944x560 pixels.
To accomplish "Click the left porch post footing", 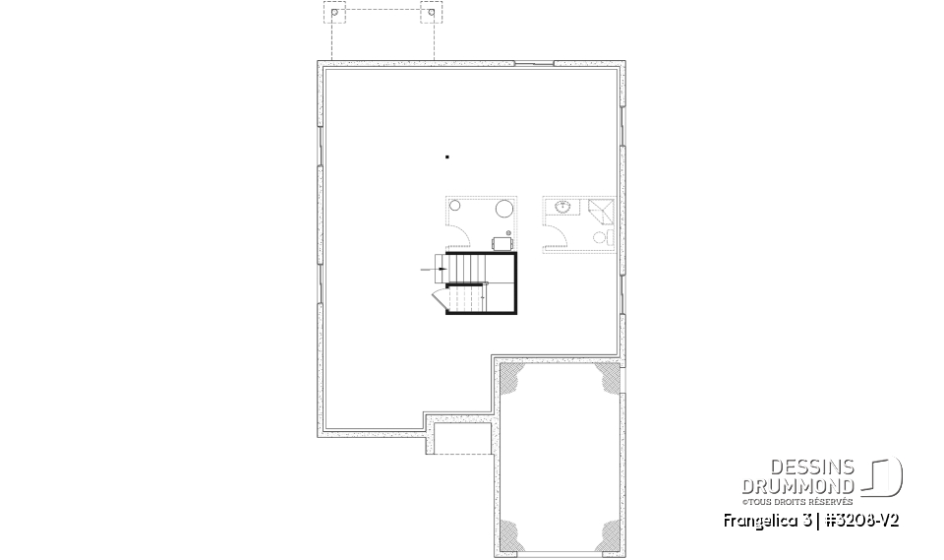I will (335, 16).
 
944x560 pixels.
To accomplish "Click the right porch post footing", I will (429, 16).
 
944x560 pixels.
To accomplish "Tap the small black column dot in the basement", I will (447, 156).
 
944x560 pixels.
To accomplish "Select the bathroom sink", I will (563, 208).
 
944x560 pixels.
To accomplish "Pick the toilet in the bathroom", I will (599, 237).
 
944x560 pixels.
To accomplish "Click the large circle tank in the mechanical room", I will (503, 209).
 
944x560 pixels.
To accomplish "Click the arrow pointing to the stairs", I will (432, 268).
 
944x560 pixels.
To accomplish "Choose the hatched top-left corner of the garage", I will (511, 375).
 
